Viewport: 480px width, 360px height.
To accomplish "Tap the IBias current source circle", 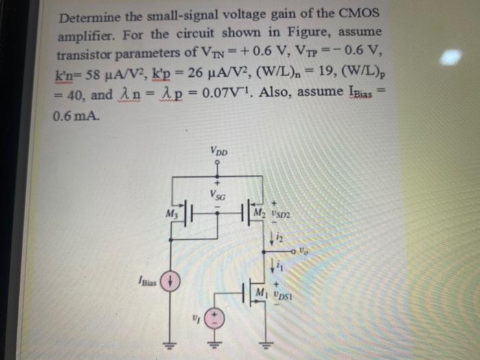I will click(172, 282).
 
